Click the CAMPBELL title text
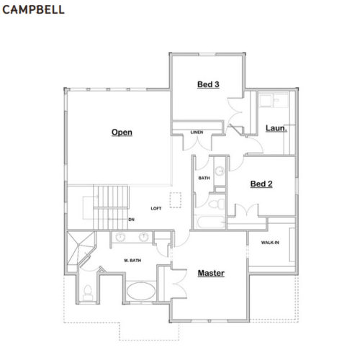pos(33,9)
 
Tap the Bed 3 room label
pos(208,84)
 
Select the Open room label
pos(122,132)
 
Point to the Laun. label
pos(276,128)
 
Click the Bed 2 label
pos(261,184)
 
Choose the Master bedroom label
pos(211,273)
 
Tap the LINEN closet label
pos(197,132)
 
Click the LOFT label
pos(156,209)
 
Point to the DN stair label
pos(131,220)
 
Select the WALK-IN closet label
pos(270,243)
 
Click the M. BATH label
pos(132,261)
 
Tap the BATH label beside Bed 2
pos(204,178)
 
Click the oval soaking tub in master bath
pos(141,291)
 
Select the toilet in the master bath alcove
pos(88,293)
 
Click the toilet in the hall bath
pos(217,204)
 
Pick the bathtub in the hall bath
pos(211,222)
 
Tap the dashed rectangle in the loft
pos(176,200)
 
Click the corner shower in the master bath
pos(79,248)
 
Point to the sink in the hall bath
pos(220,171)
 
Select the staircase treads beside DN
pos(111,207)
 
